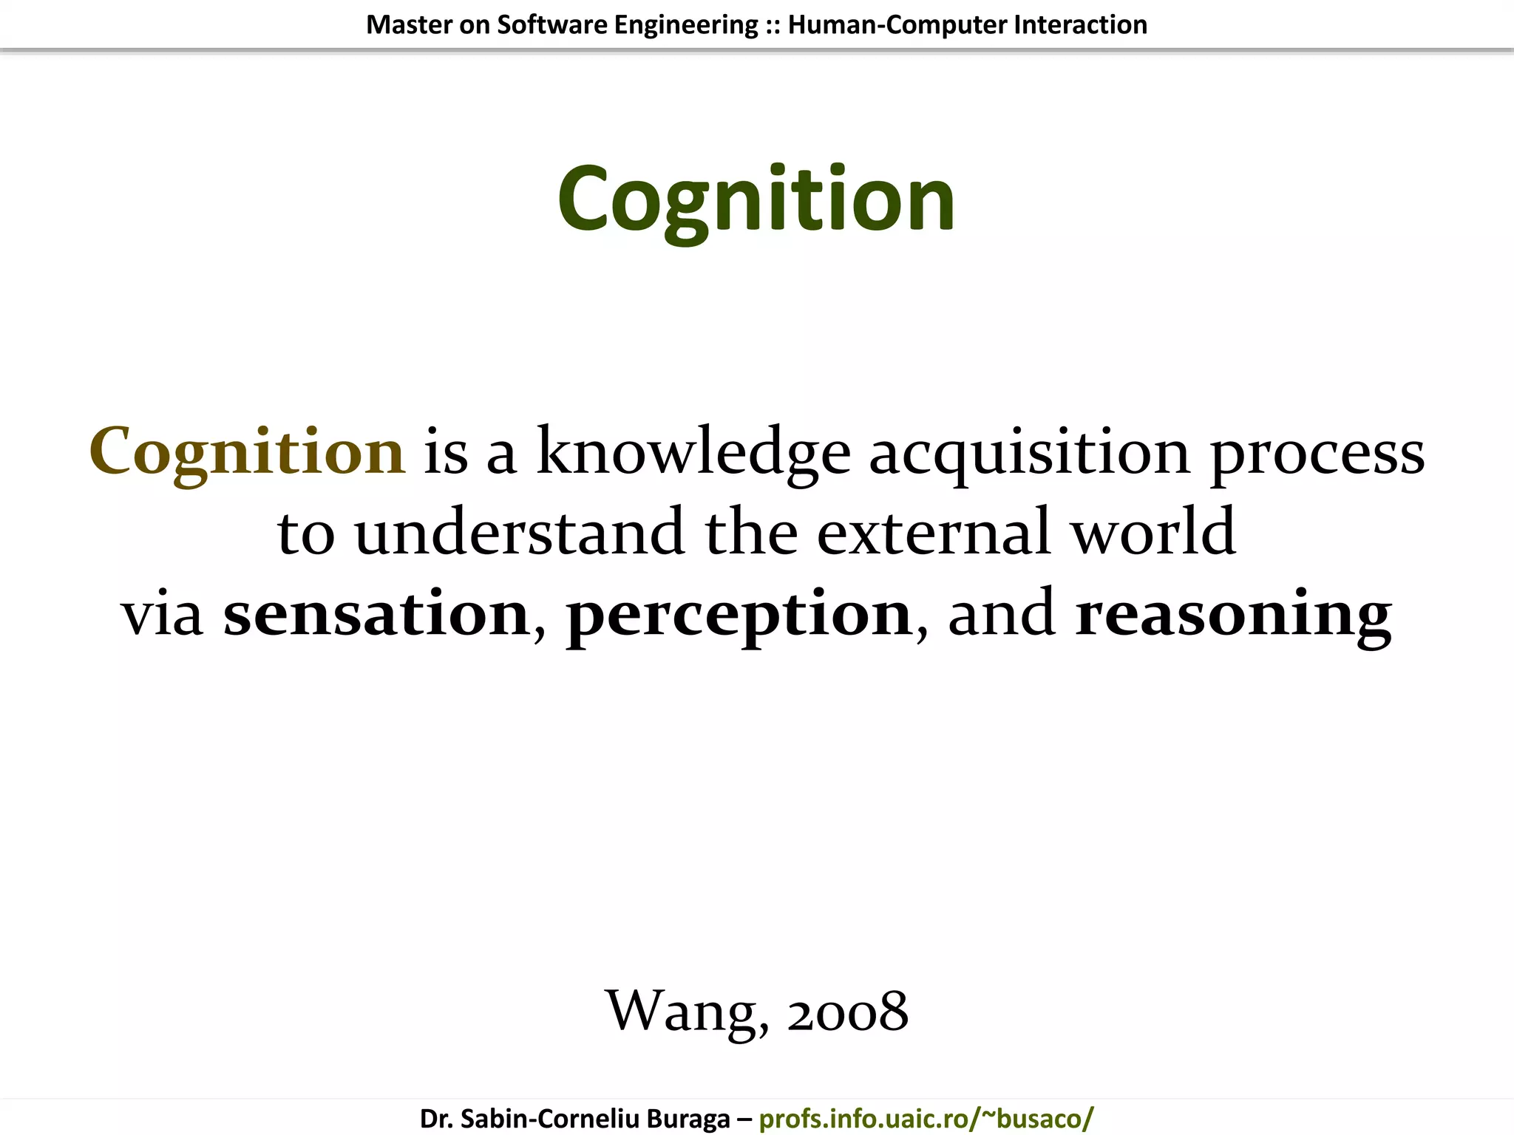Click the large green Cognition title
click(756, 200)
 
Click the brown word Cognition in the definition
click(247, 451)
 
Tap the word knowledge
click(693, 451)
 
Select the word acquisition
click(1029, 451)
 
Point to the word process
click(1317, 453)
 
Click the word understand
click(519, 532)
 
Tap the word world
click(1153, 532)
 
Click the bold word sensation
click(376, 614)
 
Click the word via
click(162, 614)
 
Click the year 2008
click(847, 1011)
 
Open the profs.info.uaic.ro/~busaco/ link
click(926, 1118)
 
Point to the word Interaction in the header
click(1080, 24)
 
